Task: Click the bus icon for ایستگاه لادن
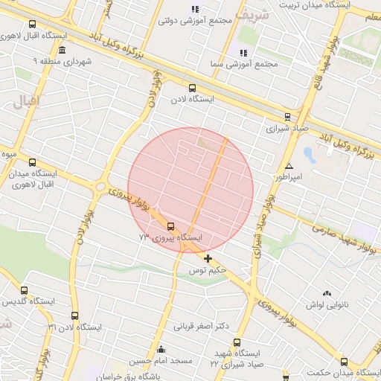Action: [x=193, y=88]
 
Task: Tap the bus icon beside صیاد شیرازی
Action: [x=288, y=117]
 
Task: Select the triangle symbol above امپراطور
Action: [x=289, y=166]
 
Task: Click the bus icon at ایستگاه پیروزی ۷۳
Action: [x=171, y=226]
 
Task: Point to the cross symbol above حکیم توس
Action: [x=208, y=259]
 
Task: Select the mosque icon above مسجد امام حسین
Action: [x=161, y=349]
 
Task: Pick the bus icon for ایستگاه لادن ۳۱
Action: [x=74, y=316]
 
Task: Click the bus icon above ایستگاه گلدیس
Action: [x=25, y=291]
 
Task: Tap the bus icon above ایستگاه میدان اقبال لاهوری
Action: [x=32, y=162]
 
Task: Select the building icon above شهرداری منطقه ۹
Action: [x=61, y=51]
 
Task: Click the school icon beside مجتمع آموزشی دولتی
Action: [x=195, y=10]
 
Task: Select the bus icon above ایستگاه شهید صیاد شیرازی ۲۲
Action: [x=237, y=343]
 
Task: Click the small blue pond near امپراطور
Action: [x=310, y=156]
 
